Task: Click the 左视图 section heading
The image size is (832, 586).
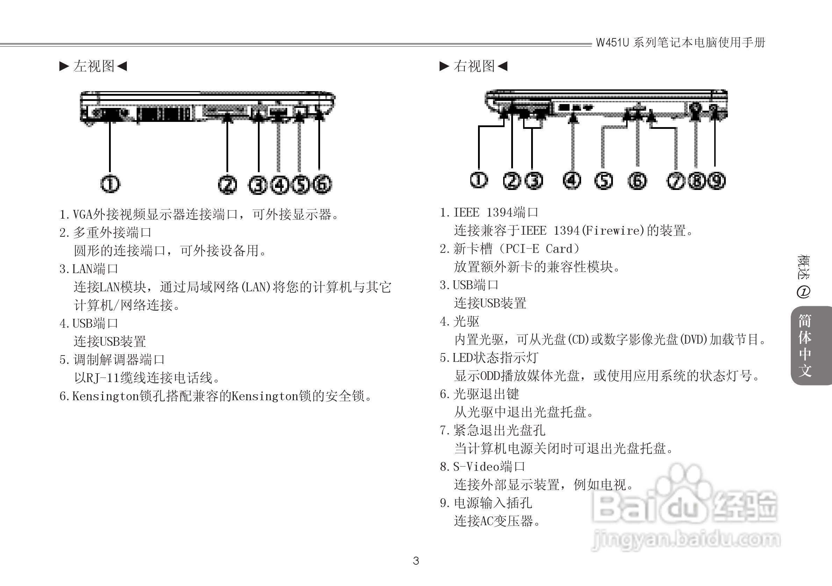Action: tap(94, 66)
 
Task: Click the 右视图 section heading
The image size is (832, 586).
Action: tap(473, 66)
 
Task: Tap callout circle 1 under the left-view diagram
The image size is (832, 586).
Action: tap(110, 184)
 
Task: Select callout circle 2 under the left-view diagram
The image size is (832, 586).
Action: tap(227, 184)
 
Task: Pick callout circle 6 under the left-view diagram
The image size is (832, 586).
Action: tap(322, 184)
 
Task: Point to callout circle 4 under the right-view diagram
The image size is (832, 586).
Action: tap(572, 180)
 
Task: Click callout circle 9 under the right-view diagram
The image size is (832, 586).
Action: tap(716, 181)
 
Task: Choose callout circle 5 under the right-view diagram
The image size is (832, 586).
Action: tap(604, 181)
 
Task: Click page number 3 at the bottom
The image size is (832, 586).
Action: tap(416, 561)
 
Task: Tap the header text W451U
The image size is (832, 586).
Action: tap(613, 43)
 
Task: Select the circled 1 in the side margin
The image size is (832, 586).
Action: tap(803, 292)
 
